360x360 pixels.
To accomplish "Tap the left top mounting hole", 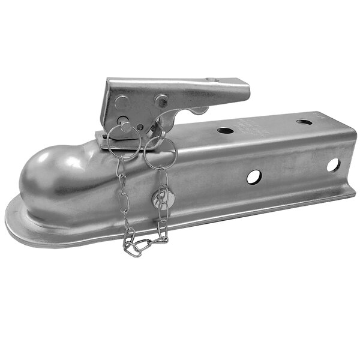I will (226, 130).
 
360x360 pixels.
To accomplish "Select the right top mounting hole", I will (304, 122).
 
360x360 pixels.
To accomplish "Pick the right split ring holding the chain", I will (161, 155).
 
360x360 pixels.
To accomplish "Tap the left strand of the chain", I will (124, 198).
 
